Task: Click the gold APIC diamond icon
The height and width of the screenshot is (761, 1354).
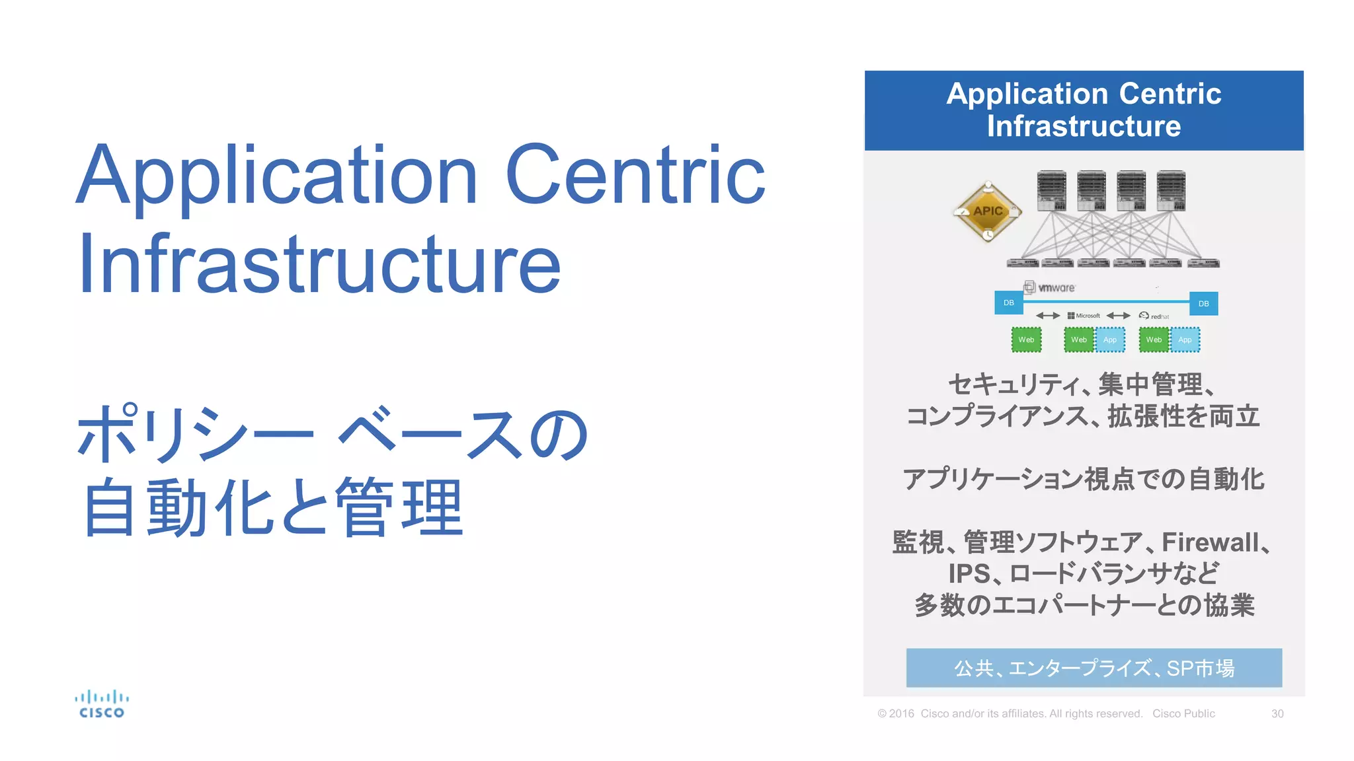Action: [x=988, y=212]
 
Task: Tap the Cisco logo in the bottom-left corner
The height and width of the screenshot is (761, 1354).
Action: [x=102, y=704]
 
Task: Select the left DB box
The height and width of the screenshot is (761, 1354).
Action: [x=1009, y=303]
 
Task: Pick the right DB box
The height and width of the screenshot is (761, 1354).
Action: [x=1203, y=304]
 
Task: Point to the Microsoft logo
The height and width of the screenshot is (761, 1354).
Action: [x=1084, y=316]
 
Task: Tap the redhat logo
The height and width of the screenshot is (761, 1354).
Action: [x=1154, y=316]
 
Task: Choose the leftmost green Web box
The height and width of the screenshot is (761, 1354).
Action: [x=1026, y=340]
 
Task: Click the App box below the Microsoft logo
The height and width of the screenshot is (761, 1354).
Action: [x=1110, y=340]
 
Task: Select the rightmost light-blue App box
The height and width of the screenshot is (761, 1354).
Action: [x=1185, y=340]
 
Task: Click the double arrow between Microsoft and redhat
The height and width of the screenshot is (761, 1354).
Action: [x=1118, y=316]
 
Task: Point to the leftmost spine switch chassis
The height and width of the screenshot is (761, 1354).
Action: [x=1051, y=191]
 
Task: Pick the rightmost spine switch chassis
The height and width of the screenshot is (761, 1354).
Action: [x=1171, y=191]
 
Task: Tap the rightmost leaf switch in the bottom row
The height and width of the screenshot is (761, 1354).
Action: [x=1203, y=263]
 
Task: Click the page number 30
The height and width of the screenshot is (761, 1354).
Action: [x=1277, y=713]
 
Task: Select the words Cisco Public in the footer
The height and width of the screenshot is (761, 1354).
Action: [x=1183, y=713]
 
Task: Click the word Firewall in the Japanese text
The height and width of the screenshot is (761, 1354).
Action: [x=1211, y=542]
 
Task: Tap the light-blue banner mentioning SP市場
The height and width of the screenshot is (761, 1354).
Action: [x=1094, y=668]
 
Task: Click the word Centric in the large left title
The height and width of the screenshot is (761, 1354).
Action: [x=635, y=175]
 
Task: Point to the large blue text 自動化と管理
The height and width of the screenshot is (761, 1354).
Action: [x=273, y=507]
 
